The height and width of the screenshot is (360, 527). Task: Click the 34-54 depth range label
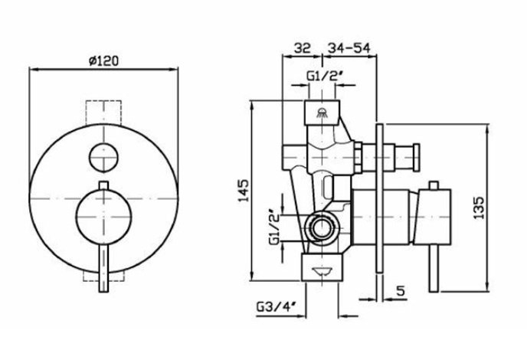(x=349, y=48)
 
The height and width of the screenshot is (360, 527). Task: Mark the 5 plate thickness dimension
(x=401, y=290)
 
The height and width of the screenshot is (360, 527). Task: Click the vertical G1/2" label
(x=274, y=227)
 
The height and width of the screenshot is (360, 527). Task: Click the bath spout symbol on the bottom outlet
(x=325, y=270)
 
